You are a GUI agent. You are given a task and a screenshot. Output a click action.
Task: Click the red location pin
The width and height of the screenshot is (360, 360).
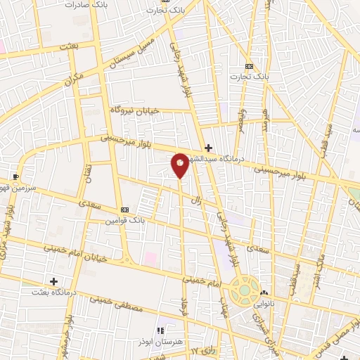tap(180, 165)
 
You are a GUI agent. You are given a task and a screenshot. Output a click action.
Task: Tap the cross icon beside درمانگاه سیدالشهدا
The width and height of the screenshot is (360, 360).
tap(208, 148)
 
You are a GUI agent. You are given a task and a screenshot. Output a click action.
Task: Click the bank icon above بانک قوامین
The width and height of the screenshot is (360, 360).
tap(125, 210)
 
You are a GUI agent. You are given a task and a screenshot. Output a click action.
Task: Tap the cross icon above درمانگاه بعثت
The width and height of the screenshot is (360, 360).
tap(54, 281)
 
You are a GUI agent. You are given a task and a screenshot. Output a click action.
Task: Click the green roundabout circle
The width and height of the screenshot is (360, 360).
tap(245, 289)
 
